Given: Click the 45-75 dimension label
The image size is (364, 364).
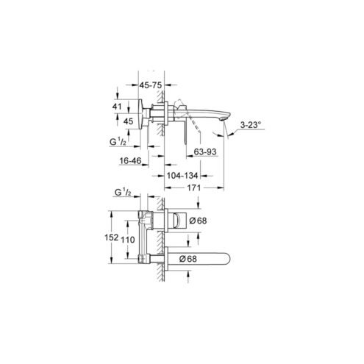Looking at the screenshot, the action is (x=151, y=85).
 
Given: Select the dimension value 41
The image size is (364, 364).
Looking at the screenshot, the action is (x=117, y=107).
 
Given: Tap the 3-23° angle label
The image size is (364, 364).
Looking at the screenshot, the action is (x=250, y=125).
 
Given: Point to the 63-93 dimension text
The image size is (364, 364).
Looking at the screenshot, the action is (x=205, y=151).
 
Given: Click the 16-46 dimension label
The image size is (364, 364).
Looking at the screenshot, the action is (x=130, y=161).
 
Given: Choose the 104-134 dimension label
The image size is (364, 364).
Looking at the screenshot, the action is (x=182, y=176).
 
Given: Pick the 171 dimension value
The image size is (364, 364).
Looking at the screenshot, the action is (x=194, y=188).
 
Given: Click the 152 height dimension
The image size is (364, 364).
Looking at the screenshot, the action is (x=112, y=238).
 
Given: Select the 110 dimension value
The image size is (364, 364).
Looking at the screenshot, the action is (x=128, y=240).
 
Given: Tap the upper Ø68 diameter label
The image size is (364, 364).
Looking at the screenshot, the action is (x=198, y=221).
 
